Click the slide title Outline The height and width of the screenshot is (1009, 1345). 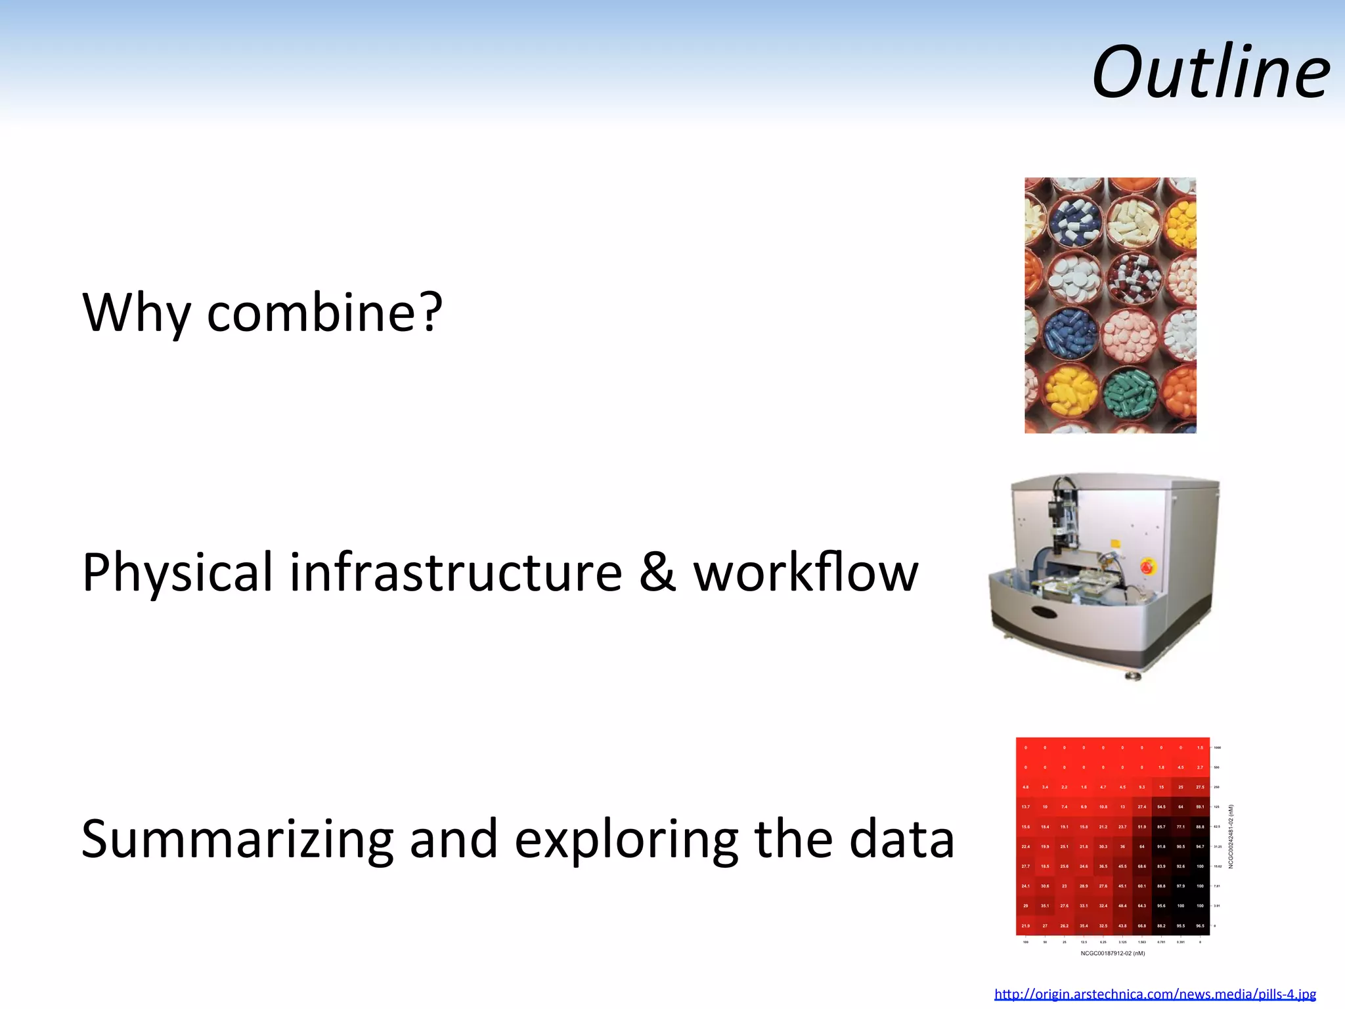(1210, 72)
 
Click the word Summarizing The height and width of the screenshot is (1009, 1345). (236, 840)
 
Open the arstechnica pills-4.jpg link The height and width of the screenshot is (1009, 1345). (1155, 994)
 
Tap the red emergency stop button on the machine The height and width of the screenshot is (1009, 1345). (1147, 566)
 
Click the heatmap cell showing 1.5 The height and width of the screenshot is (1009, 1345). (1200, 748)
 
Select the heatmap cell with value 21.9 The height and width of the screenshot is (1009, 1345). (1026, 926)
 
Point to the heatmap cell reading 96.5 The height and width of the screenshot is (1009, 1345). (1200, 926)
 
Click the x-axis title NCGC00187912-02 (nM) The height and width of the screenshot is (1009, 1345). (1113, 953)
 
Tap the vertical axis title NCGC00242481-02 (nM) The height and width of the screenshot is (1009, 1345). (1231, 836)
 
